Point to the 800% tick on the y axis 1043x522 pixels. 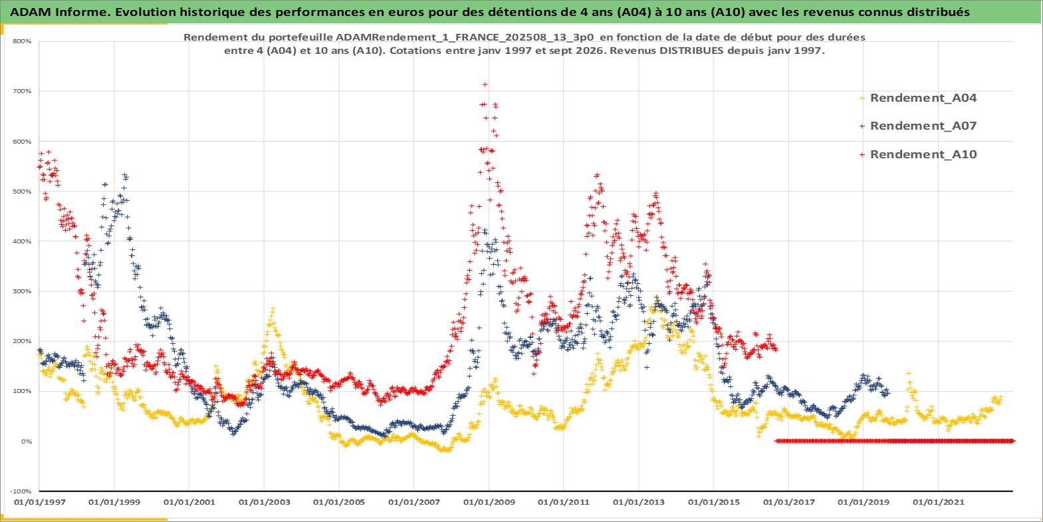22,41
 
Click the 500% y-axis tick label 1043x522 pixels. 22,192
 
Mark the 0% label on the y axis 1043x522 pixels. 26,441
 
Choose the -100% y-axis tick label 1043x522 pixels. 21,491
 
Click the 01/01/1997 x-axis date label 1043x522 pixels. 40,502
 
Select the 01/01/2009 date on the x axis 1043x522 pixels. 489,502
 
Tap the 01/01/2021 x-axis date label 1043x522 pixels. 938,502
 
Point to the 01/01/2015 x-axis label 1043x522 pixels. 713,502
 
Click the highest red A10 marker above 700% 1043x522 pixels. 485,84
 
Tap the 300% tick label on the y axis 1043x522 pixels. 22,291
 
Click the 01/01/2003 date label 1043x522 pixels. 264,502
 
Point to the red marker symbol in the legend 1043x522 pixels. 862,154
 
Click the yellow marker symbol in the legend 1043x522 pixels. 862,98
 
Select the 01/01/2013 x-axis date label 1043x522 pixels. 638,502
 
